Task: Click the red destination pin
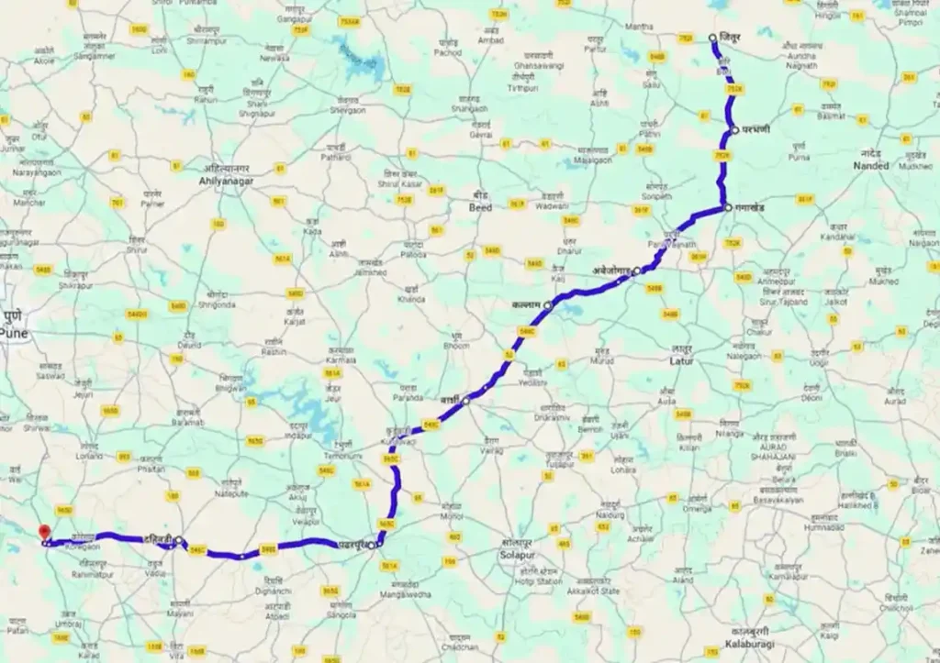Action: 42,532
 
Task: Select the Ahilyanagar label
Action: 226,182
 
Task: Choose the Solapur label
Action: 511,556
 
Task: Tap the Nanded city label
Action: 870,166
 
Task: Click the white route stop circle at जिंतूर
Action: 713,38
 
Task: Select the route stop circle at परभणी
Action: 734,130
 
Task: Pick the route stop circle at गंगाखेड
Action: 727,208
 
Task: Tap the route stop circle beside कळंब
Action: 548,304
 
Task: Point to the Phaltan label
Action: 153,470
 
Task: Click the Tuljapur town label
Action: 559,464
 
